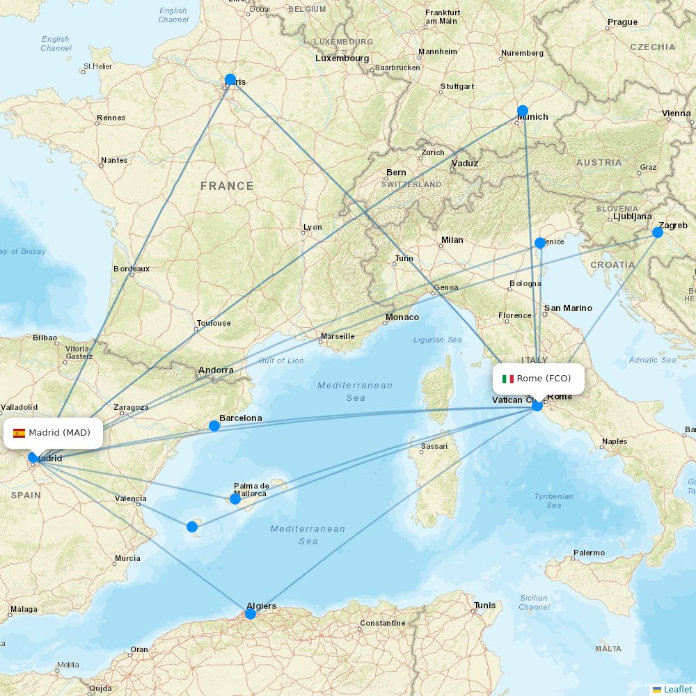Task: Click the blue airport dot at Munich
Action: click(x=523, y=111)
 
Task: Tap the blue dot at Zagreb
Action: click(x=658, y=232)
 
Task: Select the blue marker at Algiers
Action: click(x=251, y=614)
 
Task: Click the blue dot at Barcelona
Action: click(x=214, y=426)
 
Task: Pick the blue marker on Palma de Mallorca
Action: click(x=235, y=499)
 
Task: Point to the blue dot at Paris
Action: click(x=230, y=79)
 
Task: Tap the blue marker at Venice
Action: click(x=540, y=243)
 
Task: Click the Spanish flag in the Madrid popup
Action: click(x=19, y=433)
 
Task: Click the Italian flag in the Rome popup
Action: click(x=508, y=379)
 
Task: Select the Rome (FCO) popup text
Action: click(x=544, y=379)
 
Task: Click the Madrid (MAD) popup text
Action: click(x=59, y=433)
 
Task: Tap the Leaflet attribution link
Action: click(x=677, y=689)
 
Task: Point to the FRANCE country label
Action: click(x=227, y=186)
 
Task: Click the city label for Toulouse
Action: click(x=214, y=323)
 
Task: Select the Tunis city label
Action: click(x=484, y=606)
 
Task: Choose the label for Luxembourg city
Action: click(x=342, y=58)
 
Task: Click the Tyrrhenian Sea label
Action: click(x=553, y=500)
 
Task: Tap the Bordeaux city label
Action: click(x=132, y=269)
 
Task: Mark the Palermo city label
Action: click(x=589, y=553)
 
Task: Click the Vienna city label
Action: click(x=676, y=113)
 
